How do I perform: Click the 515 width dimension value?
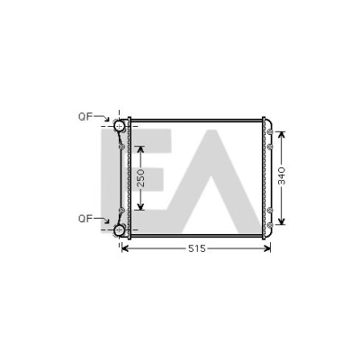click(197, 248)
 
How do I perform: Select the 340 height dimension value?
click(282, 175)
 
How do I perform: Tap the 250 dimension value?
click(140, 177)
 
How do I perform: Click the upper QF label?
click(85, 117)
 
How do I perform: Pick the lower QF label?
click(85, 219)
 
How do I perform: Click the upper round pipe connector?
click(120, 126)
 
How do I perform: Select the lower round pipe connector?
click(120, 230)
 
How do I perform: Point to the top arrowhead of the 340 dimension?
click(281, 135)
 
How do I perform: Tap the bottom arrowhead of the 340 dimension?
click(281, 221)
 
